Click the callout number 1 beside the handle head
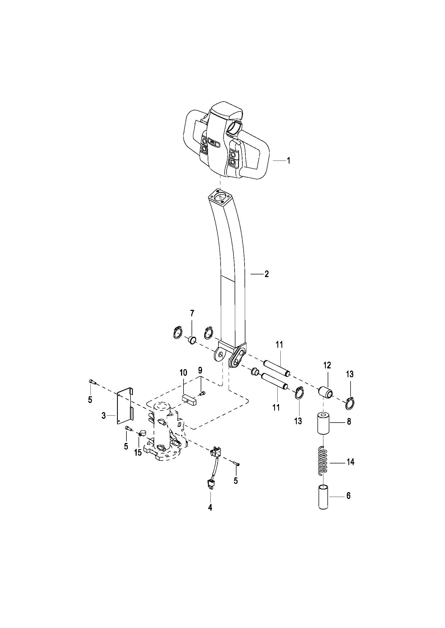point(288,161)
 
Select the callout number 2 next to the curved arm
point(266,274)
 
